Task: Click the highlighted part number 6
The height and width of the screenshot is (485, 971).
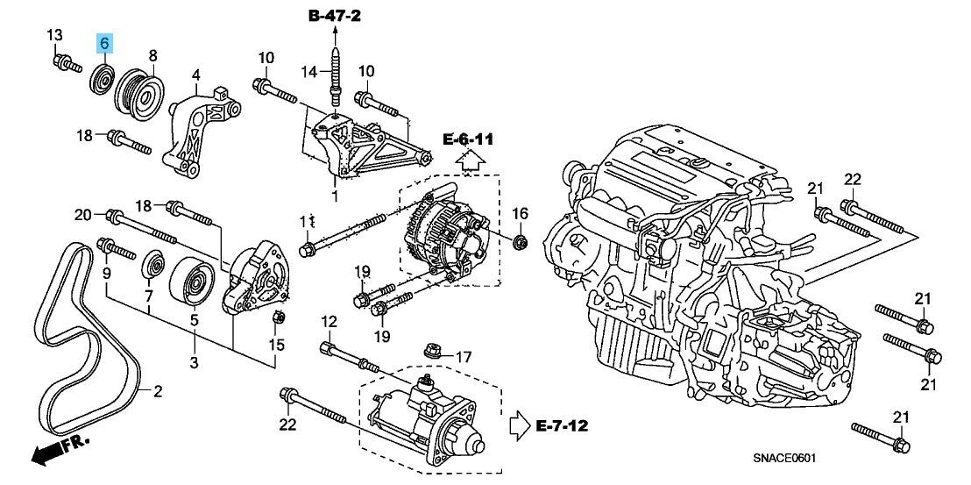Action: [x=104, y=43]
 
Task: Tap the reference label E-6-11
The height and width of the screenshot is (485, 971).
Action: [x=469, y=140]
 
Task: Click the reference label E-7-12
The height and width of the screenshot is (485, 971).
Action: [x=562, y=425]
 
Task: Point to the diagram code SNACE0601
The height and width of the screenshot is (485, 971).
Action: [x=784, y=459]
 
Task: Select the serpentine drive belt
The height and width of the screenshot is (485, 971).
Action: [x=86, y=340]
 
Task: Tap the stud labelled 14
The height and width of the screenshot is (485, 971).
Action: [x=335, y=75]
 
